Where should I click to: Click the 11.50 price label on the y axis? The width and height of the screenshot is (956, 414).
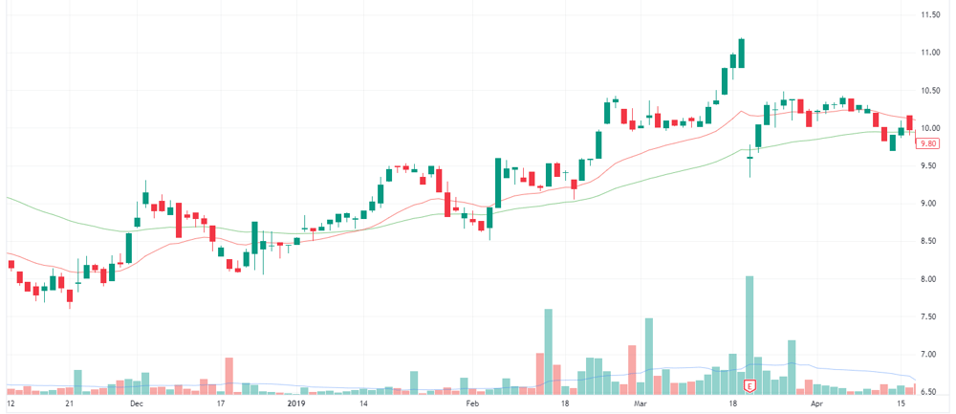tap(930, 14)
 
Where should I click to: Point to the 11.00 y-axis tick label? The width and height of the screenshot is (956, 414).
tap(930, 53)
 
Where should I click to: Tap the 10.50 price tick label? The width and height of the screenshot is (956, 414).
tap(930, 90)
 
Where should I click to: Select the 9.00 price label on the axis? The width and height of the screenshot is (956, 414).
tap(930, 203)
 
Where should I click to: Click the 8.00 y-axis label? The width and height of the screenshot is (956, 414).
tap(930, 278)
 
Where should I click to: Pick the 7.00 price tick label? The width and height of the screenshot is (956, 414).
tap(930, 355)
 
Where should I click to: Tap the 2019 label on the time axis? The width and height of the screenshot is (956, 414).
tap(295, 403)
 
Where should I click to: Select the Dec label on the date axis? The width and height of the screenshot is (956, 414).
tap(136, 403)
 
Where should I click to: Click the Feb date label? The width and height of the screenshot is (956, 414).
tap(471, 403)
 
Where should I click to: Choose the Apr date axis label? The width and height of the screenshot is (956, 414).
tap(817, 403)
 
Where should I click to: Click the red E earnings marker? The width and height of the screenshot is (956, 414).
tap(750, 386)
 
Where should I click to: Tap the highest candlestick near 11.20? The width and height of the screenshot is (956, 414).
tap(742, 53)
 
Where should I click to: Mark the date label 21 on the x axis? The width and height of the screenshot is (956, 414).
tap(70, 403)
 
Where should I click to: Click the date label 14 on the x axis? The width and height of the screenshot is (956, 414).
tap(362, 403)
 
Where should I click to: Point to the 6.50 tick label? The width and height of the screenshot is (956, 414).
tap(930, 392)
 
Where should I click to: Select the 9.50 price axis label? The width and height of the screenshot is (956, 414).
tap(930, 165)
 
